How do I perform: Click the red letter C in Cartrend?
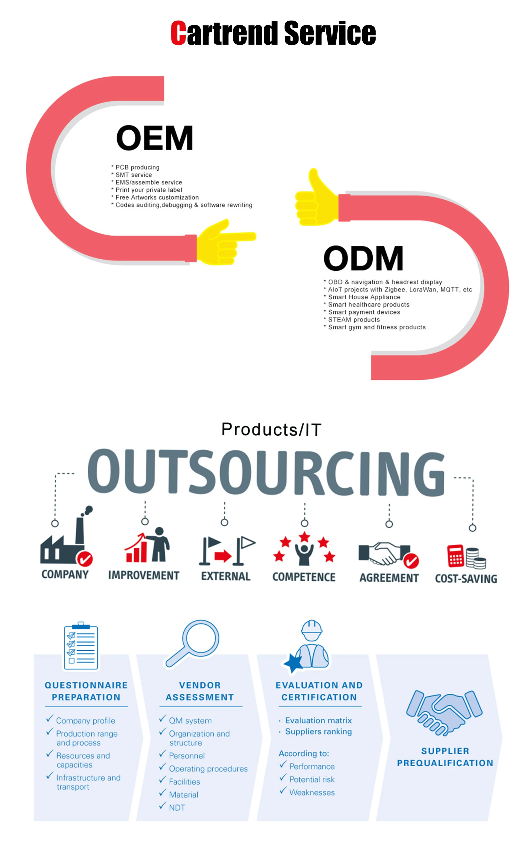pos(178,33)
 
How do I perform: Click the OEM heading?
pos(155,138)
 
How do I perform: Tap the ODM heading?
pos(363,259)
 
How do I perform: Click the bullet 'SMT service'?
pos(134,175)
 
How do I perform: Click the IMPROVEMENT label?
pos(144,575)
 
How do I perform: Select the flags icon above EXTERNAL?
pos(227,551)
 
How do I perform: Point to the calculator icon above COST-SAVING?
pos(455,556)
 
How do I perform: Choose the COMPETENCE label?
pos(304,577)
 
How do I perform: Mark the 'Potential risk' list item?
pos(312,780)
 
